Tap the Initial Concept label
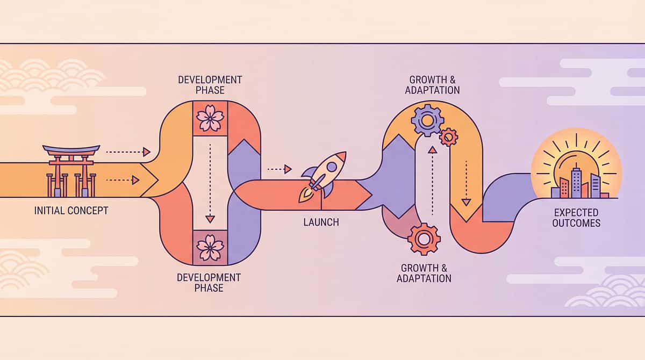coord(71,210)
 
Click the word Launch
coord(321,221)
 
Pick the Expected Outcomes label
coord(576,218)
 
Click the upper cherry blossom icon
coord(210,118)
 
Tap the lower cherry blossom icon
coord(210,247)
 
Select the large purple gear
coord(427,119)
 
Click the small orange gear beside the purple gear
coord(448,137)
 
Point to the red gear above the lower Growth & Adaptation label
coord(424,239)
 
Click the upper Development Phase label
coord(210,85)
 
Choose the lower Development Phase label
coord(210,283)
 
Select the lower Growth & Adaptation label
coord(424,273)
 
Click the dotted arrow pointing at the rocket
coord(279,169)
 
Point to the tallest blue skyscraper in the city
coord(577,182)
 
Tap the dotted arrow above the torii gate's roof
coord(127,152)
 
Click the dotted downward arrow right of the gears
coord(466,183)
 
